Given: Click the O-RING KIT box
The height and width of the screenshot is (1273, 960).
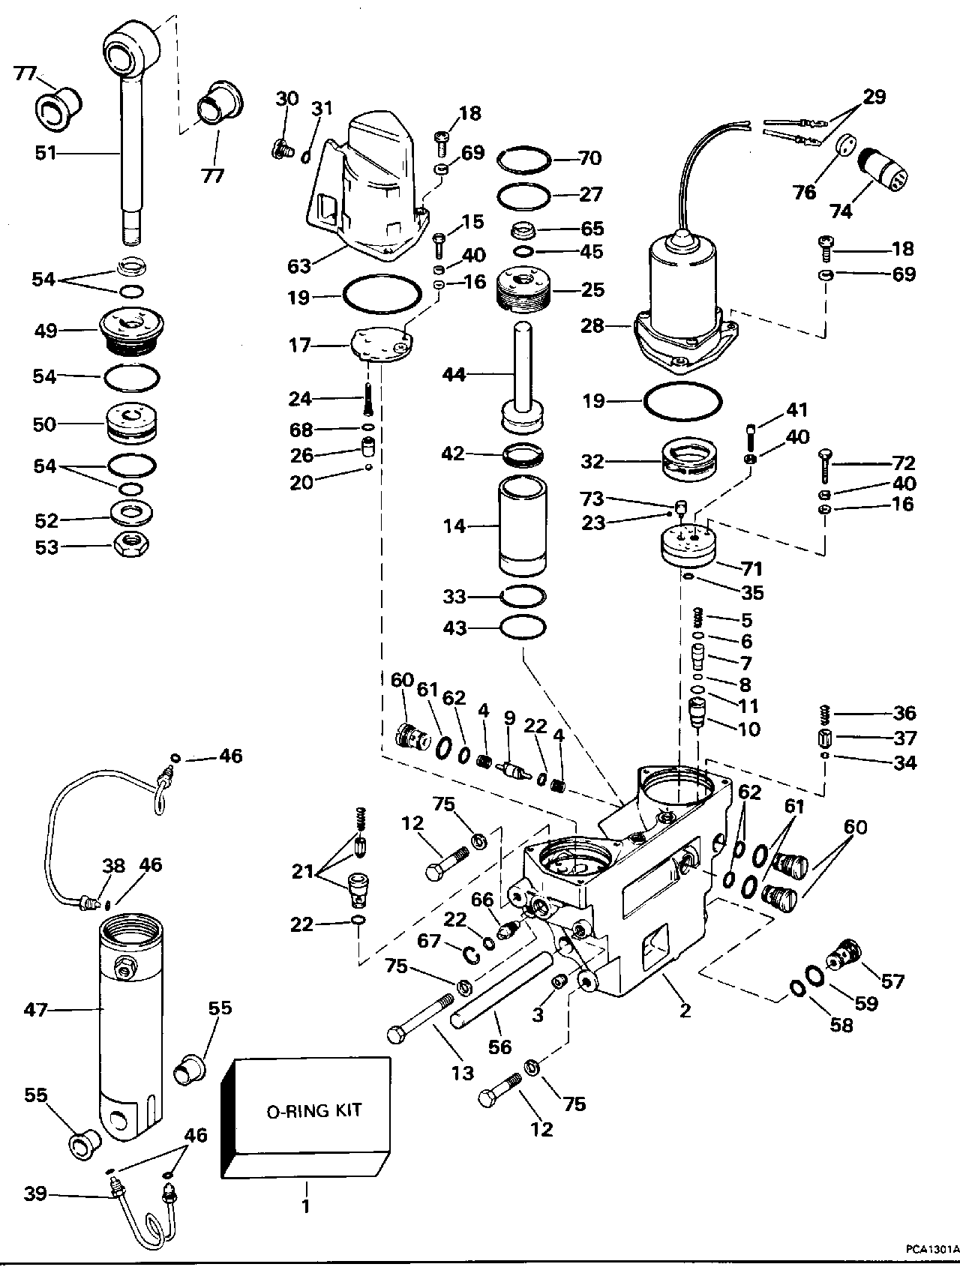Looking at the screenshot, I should pos(307,1111).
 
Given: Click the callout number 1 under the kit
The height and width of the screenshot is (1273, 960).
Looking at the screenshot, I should pos(306,1207).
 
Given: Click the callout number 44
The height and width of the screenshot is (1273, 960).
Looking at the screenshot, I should pos(454,374).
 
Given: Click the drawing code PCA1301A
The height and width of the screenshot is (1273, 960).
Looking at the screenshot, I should pos(931,1249).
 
